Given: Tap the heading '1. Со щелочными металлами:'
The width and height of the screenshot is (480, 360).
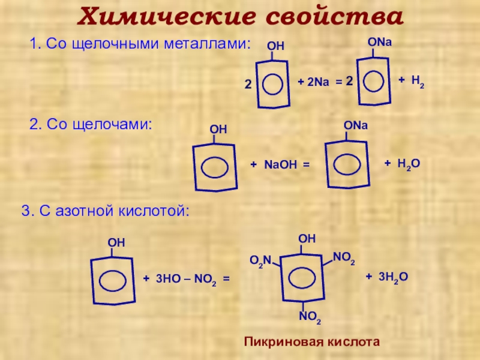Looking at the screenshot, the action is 140,43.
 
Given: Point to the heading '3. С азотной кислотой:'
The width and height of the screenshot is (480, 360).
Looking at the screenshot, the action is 106,211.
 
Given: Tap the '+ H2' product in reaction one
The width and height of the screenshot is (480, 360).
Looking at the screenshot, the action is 412,81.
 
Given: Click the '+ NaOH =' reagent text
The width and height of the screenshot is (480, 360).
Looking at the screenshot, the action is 280,164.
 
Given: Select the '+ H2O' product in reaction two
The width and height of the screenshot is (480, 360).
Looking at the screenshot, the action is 401,164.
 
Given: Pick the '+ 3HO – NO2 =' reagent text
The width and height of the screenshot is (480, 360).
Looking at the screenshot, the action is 186,279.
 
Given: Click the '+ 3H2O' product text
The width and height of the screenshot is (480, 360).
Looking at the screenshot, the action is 386,276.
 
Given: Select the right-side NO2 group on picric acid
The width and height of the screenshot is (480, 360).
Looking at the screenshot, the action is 344,259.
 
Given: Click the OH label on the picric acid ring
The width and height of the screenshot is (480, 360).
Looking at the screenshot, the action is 307,239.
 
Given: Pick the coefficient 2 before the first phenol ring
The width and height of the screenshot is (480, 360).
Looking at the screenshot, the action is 247,85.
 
